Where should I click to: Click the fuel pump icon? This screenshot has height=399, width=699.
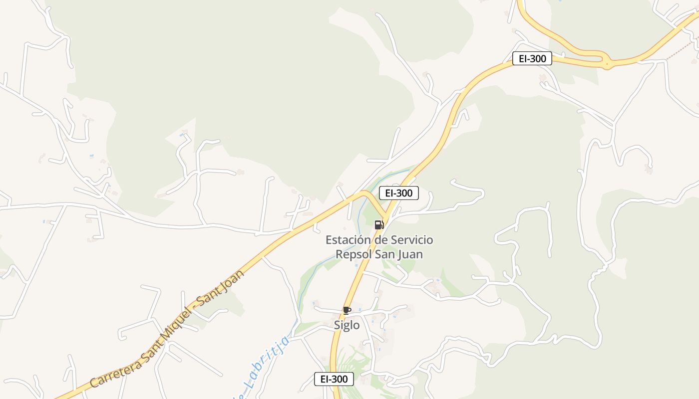[379, 224]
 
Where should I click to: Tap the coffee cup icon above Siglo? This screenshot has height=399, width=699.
[347, 311]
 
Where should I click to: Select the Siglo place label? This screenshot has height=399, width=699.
[347, 325]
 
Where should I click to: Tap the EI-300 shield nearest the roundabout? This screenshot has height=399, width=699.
[532, 58]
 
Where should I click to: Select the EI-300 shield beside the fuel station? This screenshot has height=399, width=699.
[398, 193]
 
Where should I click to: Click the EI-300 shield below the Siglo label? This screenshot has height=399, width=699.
[334, 379]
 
